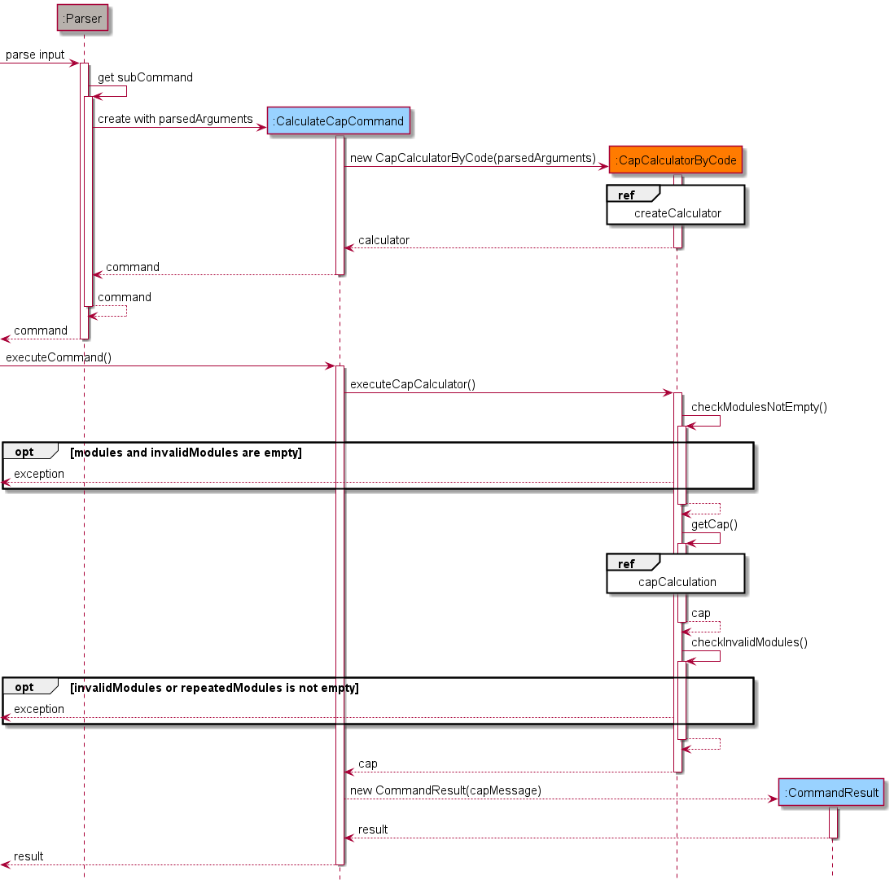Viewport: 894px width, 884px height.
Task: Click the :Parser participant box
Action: point(83,18)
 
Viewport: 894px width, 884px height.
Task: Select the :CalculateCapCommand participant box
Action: point(338,121)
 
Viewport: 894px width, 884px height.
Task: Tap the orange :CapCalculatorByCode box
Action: point(677,160)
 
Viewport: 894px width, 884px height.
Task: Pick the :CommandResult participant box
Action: point(831,792)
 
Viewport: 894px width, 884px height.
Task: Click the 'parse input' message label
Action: point(35,55)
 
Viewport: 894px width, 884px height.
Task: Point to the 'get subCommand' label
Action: point(145,77)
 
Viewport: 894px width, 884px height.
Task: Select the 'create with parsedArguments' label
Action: point(175,119)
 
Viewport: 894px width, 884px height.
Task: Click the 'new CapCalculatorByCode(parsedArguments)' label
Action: point(473,158)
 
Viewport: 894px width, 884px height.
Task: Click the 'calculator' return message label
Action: point(383,240)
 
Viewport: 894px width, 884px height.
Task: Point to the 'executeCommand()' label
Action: point(59,357)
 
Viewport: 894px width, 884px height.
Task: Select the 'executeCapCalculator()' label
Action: point(413,384)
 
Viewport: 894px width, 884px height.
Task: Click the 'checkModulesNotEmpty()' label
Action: point(759,407)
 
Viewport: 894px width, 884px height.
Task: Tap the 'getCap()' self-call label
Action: point(714,524)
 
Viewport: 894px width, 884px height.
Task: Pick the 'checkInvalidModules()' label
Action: point(749,642)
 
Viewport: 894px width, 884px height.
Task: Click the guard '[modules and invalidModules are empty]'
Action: point(186,453)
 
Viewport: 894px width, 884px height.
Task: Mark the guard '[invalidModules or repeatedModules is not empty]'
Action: point(214,688)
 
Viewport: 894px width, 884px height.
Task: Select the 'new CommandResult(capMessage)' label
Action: point(445,790)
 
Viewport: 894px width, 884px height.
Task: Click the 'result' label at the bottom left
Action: point(28,856)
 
